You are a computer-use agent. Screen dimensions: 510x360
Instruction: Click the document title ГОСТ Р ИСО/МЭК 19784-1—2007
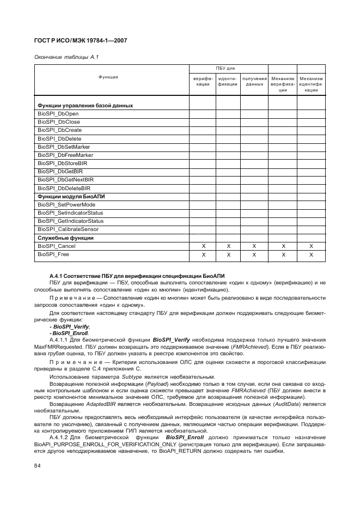[x=81, y=40]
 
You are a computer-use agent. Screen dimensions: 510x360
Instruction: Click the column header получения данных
[x=254, y=81]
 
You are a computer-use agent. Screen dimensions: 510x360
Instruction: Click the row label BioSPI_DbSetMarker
[x=63, y=147]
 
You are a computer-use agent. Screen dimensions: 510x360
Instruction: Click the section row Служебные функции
[x=65, y=238]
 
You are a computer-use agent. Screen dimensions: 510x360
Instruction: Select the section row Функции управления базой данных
[x=85, y=105]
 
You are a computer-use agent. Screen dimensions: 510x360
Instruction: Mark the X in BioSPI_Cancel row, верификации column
[x=203, y=246]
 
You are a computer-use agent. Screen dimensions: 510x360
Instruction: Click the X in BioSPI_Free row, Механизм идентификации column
[x=311, y=254]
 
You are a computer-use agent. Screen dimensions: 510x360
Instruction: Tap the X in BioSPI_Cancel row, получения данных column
[x=254, y=246]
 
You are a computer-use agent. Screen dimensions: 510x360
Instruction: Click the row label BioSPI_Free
[x=53, y=254]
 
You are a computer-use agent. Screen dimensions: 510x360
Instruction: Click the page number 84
[x=38, y=465]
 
